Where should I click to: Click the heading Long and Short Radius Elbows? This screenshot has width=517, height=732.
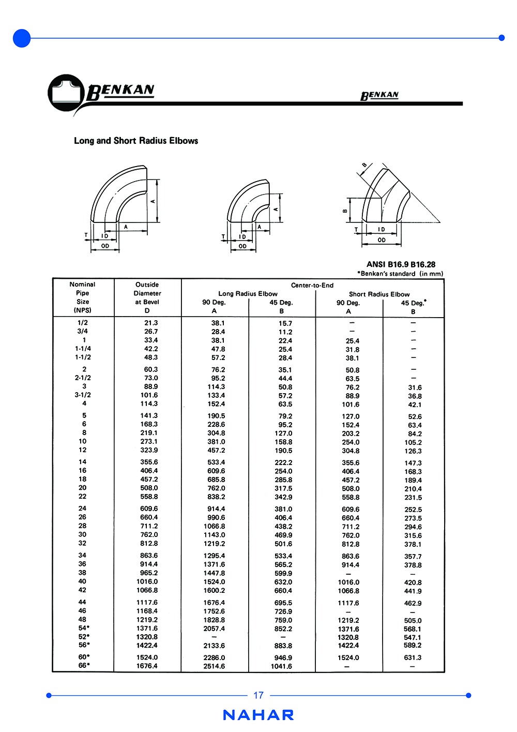tap(136, 141)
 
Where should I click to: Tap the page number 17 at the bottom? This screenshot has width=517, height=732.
tap(258, 695)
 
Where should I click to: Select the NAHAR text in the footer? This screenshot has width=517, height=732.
tap(258, 715)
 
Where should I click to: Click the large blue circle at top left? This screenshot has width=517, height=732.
tap(22, 38)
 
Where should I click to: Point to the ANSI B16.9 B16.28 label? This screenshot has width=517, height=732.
tap(401, 264)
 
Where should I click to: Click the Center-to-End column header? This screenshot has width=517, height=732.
tap(312, 285)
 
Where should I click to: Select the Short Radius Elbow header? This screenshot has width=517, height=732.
tap(379, 294)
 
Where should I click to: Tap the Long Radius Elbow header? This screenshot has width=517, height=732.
tap(248, 293)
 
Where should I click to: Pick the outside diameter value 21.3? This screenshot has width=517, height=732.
tap(151, 323)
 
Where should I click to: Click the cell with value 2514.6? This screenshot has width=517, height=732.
tap(214, 666)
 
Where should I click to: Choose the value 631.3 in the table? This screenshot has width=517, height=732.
tap(413, 658)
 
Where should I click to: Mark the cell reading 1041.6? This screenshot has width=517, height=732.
tap(281, 666)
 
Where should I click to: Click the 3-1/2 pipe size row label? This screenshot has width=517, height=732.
tap(83, 395)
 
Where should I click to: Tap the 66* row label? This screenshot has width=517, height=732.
tap(84, 665)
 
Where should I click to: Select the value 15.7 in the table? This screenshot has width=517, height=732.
tap(285, 323)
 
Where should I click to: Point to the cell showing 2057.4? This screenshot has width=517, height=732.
tap(214, 629)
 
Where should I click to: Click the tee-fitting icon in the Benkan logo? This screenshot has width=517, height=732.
tap(66, 93)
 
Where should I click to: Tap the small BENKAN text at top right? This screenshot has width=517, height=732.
tap(379, 95)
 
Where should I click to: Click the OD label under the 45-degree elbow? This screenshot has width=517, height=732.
tap(382, 240)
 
